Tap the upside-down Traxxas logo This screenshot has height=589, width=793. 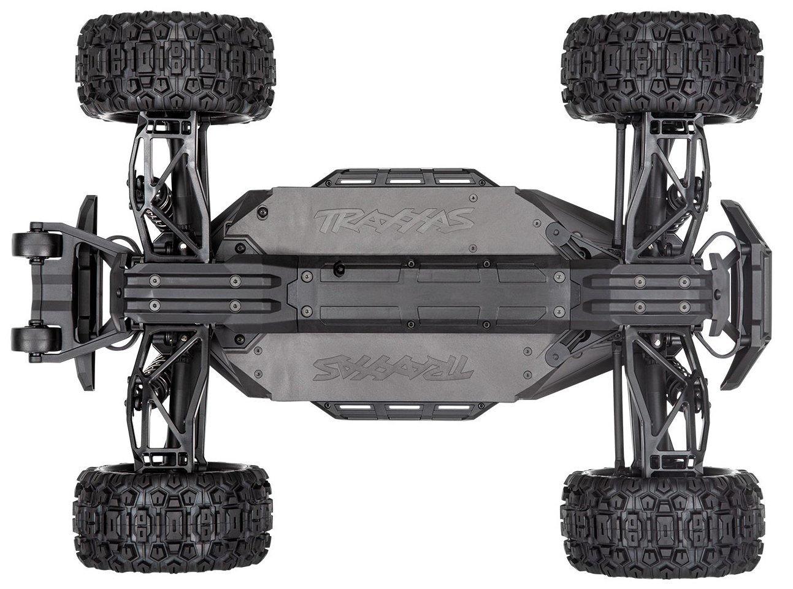click(393, 368)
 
